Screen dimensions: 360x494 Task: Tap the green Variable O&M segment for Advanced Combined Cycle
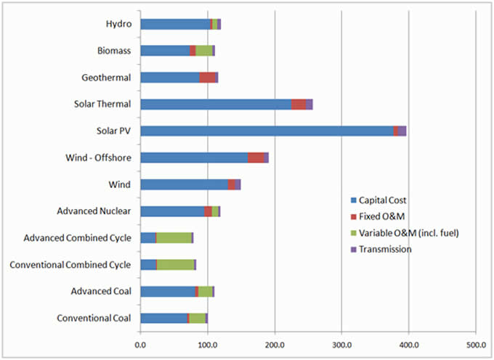tap(174, 237)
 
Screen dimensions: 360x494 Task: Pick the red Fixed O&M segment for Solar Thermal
tap(299, 105)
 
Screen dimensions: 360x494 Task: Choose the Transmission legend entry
tap(381, 249)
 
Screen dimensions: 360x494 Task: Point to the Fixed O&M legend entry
tap(375, 216)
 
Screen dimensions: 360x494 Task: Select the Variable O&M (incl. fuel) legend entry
tap(400, 232)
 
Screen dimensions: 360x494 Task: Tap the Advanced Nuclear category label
tap(94, 211)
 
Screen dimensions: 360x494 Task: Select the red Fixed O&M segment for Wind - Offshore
tap(256, 157)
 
